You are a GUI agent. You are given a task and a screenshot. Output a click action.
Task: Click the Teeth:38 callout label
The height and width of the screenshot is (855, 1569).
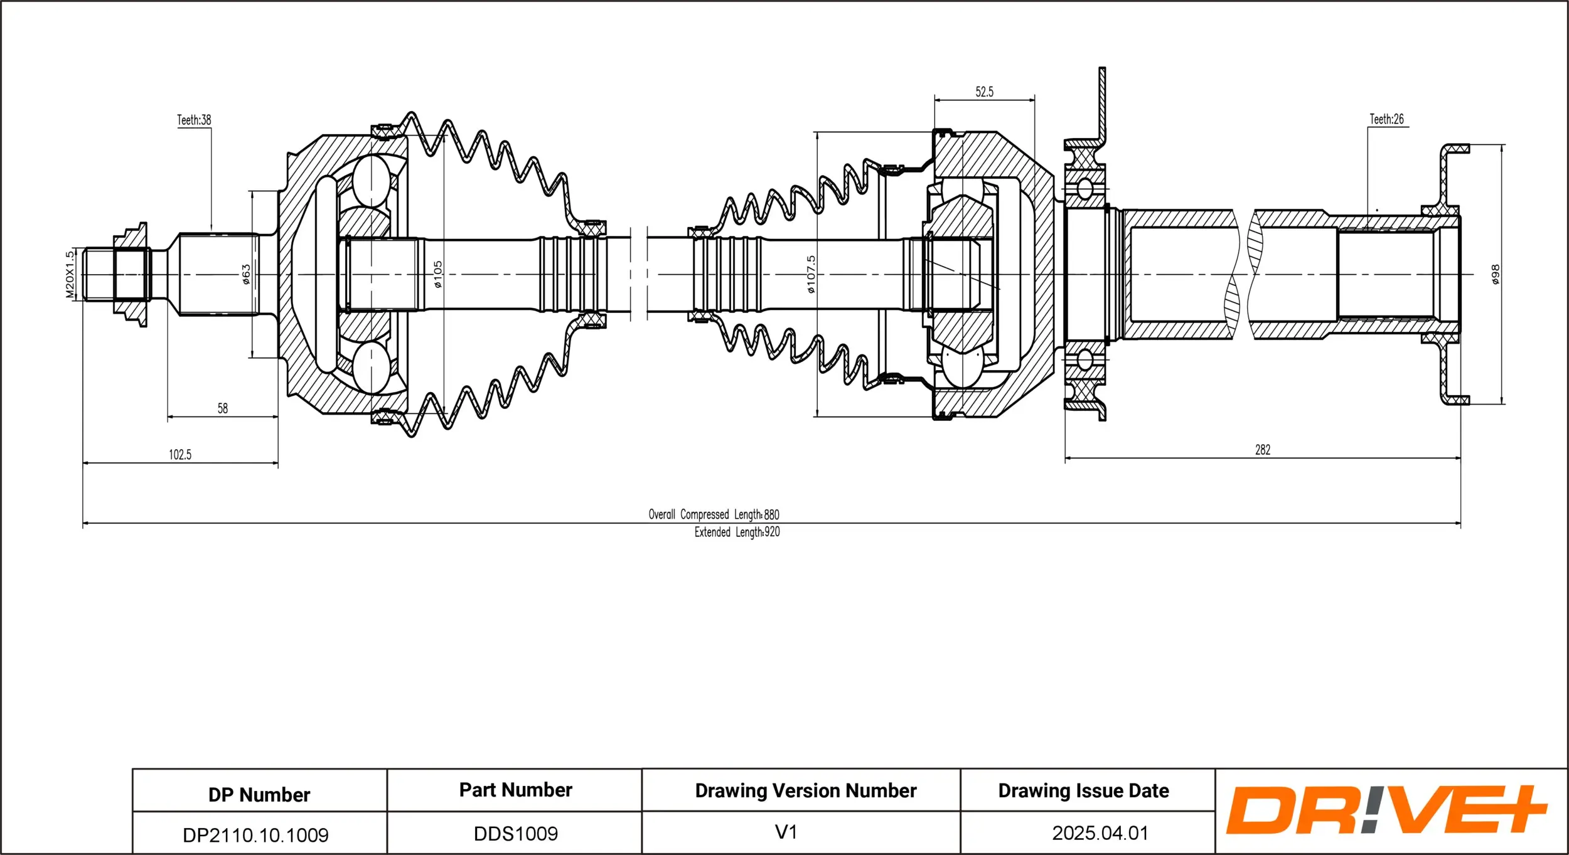[x=194, y=120]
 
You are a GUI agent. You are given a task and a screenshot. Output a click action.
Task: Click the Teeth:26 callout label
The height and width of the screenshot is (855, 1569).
[x=1386, y=119]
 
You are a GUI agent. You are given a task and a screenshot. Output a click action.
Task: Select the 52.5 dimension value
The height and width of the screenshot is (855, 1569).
[x=984, y=92]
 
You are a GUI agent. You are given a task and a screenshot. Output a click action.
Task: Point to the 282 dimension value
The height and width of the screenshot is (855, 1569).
[x=1263, y=450]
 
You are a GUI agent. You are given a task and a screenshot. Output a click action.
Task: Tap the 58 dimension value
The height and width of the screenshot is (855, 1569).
[x=223, y=408]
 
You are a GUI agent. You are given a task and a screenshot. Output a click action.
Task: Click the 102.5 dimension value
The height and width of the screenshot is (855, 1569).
[x=180, y=455]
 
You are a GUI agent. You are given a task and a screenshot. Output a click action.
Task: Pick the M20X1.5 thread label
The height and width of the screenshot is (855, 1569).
[x=70, y=275]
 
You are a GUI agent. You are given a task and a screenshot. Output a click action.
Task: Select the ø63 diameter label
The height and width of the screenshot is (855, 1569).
[x=246, y=274]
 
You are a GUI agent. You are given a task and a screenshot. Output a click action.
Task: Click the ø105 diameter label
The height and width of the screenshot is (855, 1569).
[x=437, y=274]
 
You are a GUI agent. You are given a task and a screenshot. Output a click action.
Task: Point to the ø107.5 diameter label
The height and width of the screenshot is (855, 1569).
[x=811, y=274]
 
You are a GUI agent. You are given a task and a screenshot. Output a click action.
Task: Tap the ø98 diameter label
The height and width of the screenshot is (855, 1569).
[x=1496, y=274]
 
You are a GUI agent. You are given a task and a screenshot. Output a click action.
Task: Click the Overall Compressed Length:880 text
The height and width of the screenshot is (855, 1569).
[x=714, y=514]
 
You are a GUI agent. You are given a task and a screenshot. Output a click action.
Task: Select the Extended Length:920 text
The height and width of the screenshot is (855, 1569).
[x=737, y=532]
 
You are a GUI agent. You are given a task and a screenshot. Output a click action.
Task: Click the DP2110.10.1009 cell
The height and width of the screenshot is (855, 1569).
[x=255, y=835]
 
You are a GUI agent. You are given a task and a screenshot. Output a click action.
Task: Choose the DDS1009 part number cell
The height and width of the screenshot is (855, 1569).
[x=516, y=834]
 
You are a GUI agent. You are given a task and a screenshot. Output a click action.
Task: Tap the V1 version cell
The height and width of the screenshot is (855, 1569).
[x=786, y=832]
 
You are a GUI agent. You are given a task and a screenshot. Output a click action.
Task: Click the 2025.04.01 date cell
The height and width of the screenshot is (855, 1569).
[x=1100, y=833]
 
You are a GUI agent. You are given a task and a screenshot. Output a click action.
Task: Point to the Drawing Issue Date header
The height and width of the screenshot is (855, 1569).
[x=1084, y=791]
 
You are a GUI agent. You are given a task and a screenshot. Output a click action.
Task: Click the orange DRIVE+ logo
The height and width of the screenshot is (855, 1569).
[x=1387, y=810]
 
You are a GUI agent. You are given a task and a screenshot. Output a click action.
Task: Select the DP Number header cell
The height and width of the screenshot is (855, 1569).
[x=259, y=795]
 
